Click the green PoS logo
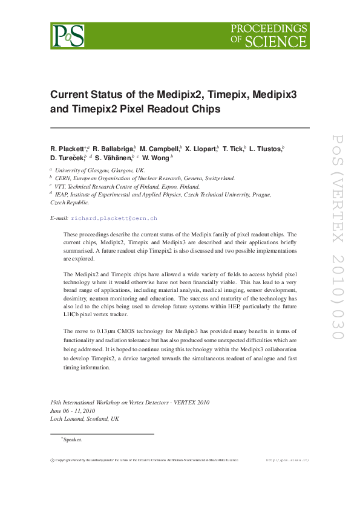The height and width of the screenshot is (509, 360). coord(67,36)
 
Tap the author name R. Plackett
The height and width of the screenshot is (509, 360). coord(68,148)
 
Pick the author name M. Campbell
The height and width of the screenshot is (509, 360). coord(159,148)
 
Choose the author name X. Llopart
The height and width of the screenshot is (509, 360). coord(201,148)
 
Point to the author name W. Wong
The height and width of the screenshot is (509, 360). coord(156,158)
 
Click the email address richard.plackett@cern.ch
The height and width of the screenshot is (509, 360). coord(114,218)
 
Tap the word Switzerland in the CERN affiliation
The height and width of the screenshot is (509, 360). coord(214,178)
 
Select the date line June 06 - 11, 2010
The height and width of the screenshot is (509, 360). coord(74,410)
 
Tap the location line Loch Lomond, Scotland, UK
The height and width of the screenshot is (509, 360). coord(85,418)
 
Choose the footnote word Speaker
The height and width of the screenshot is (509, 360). coord(73,439)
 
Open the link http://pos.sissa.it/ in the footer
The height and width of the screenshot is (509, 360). coord(287,460)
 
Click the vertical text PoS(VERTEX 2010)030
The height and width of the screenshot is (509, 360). coord(337,244)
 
